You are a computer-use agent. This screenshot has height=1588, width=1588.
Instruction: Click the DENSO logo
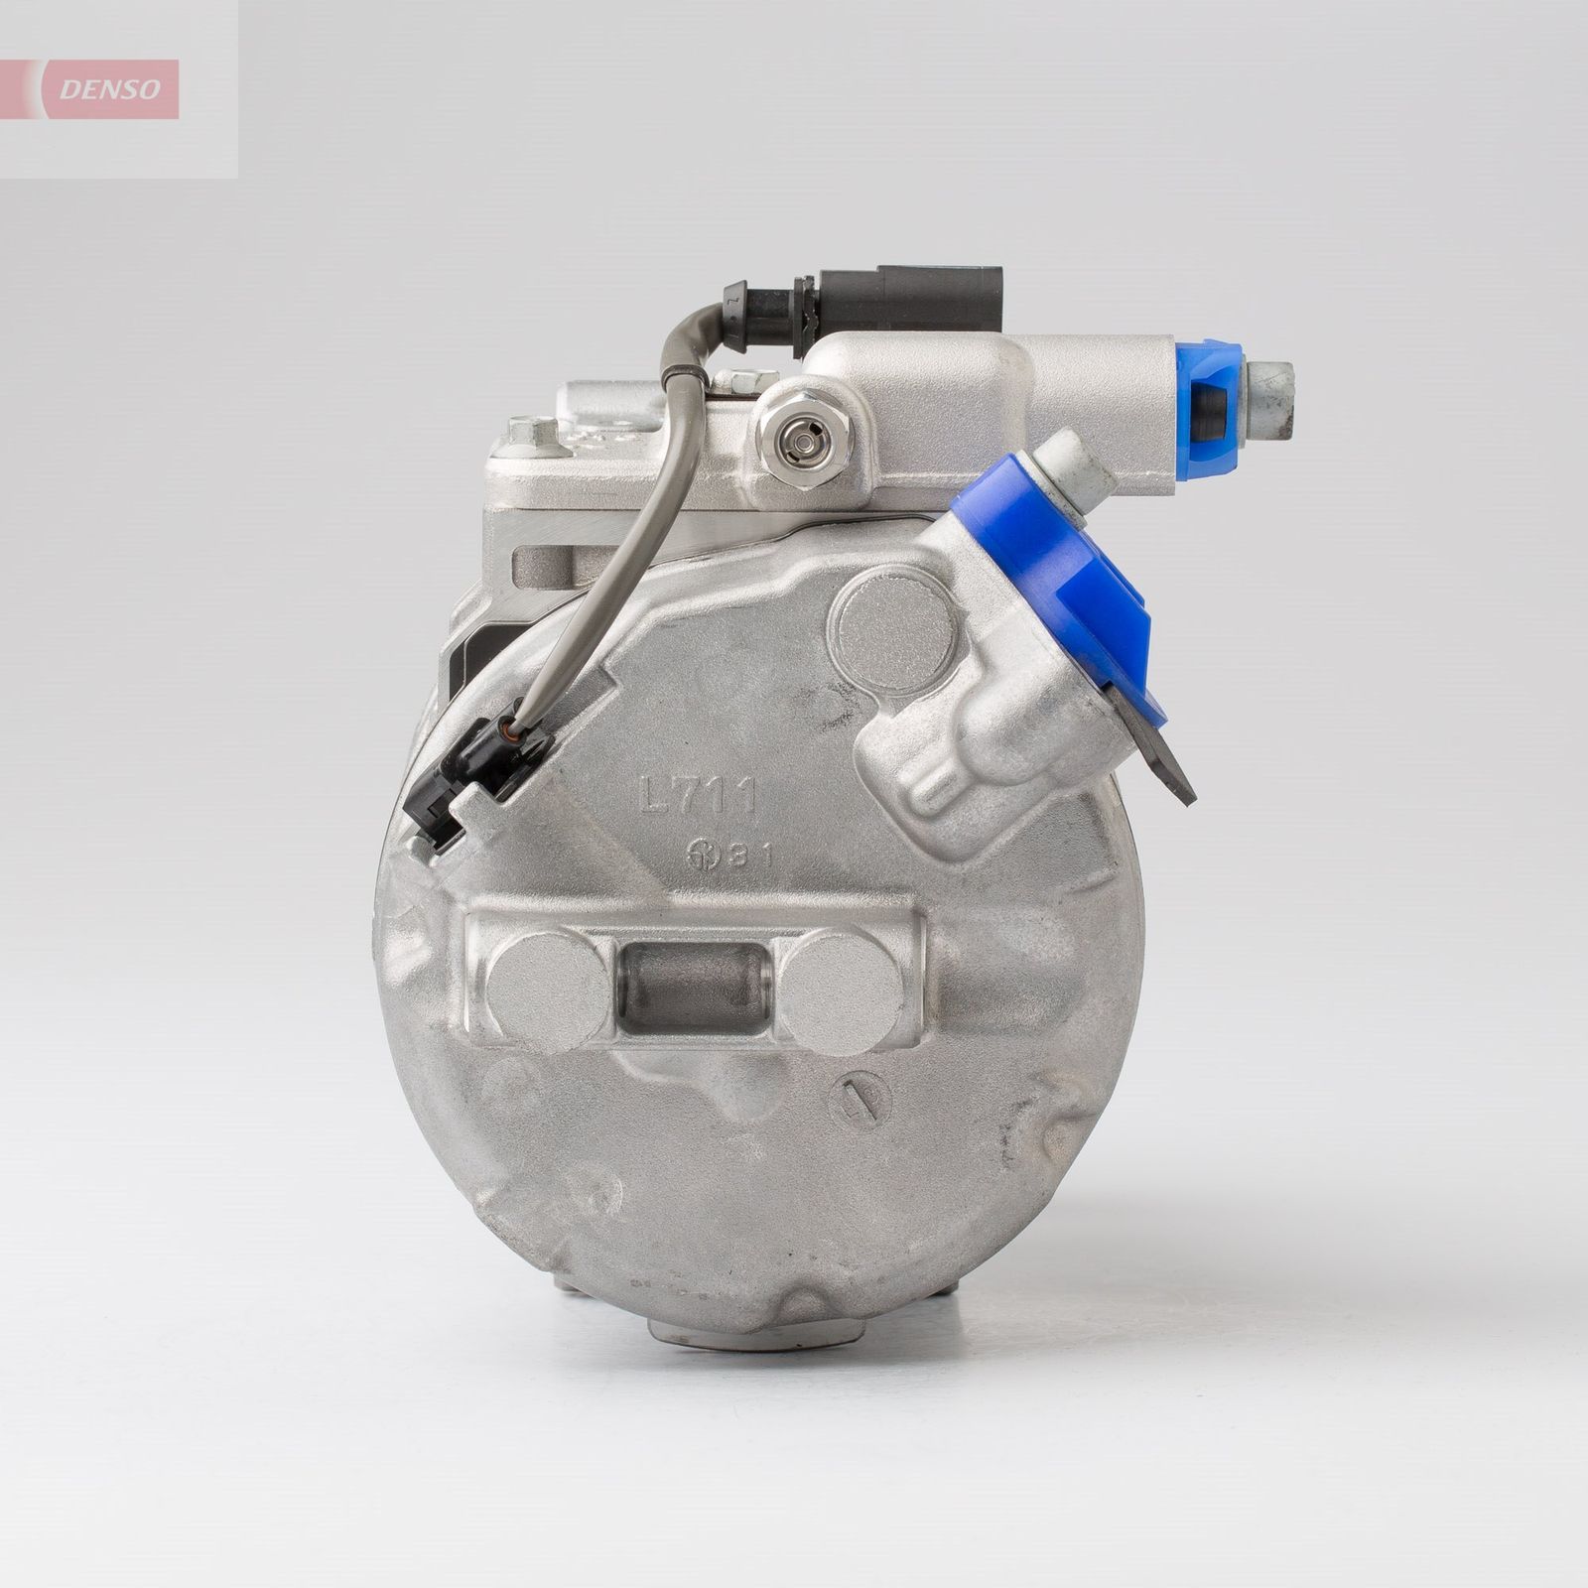tap(109, 89)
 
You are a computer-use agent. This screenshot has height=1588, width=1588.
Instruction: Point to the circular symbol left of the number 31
tap(707, 857)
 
